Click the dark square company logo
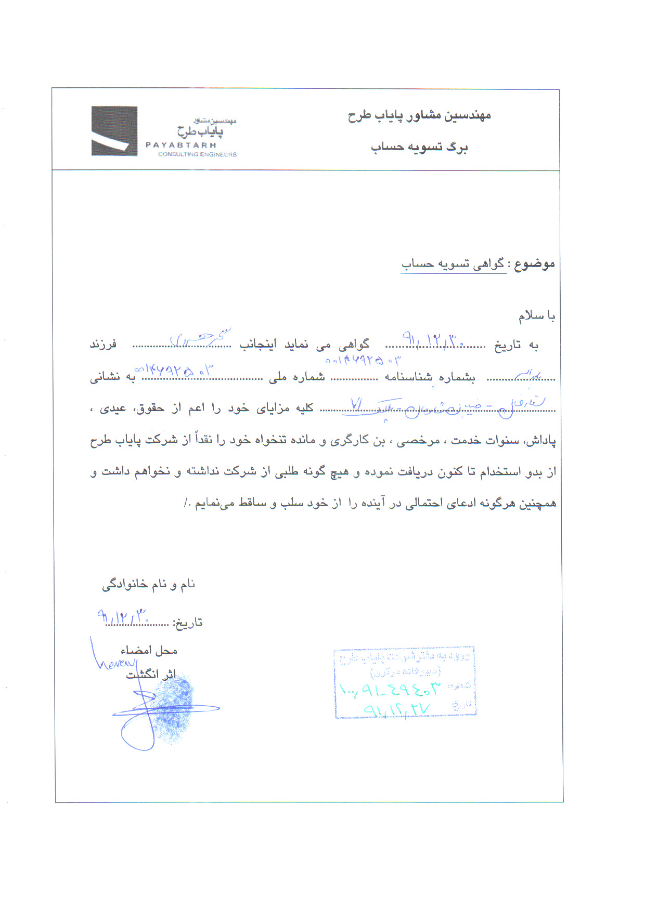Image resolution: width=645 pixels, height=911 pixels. pos(114,131)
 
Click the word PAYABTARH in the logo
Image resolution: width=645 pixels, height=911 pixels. pos(180,146)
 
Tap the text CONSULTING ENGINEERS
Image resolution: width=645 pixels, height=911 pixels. pos(197,154)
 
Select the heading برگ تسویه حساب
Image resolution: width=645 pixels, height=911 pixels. pos(419,147)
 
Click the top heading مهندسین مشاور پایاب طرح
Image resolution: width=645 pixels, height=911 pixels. pos(419,115)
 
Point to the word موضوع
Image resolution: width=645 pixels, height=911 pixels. pos(534,264)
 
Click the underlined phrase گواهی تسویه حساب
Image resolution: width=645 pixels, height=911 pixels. pos(453,264)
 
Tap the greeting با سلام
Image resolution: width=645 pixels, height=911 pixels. pos(536,316)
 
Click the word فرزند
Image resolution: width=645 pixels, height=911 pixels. pos(104,345)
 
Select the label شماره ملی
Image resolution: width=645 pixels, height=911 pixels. pos(297,377)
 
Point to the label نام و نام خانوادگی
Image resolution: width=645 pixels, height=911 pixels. pos(148,585)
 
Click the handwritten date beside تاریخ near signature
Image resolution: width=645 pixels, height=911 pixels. pos(124,617)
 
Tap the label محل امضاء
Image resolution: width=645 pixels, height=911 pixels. pos(149,650)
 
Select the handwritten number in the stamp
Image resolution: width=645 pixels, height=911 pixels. pos(390,690)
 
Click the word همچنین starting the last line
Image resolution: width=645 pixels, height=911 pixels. pos(537,503)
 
